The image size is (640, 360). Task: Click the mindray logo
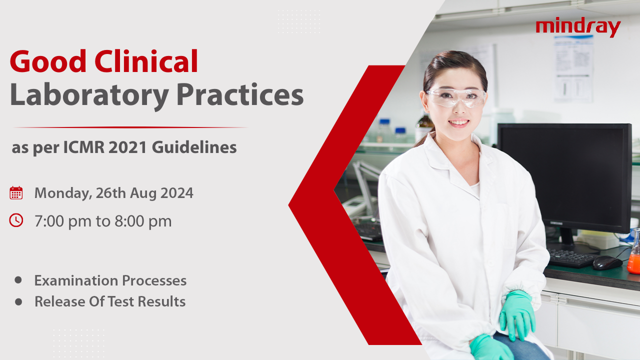pyautogui.click(x=578, y=28)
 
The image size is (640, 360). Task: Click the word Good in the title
pyautogui.click(x=48, y=61)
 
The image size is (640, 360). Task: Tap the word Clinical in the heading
pyautogui.click(x=146, y=61)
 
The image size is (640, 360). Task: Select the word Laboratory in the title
pyautogui.click(x=89, y=95)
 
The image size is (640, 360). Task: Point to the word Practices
pyautogui.click(x=240, y=94)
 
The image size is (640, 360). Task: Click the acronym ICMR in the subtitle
pyautogui.click(x=83, y=147)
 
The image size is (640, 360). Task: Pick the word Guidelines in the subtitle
pyautogui.click(x=194, y=147)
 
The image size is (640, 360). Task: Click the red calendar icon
pyautogui.click(x=16, y=193)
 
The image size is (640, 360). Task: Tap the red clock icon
pyautogui.click(x=16, y=220)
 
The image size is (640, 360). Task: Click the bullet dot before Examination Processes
pyautogui.click(x=18, y=280)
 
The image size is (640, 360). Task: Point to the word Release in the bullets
pyautogui.click(x=59, y=301)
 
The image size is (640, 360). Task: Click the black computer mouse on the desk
pyautogui.click(x=607, y=262)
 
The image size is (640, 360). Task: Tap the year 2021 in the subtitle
pyautogui.click(x=127, y=147)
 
